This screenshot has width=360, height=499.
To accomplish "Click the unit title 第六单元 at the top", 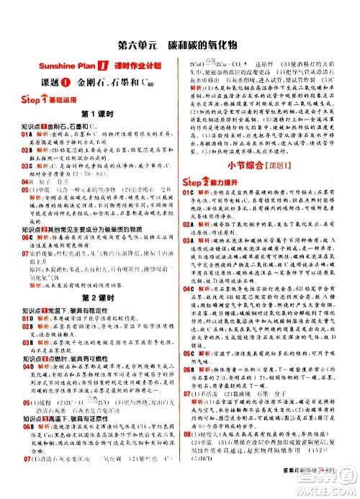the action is tap(136, 34).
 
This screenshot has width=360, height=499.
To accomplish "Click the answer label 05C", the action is tap(190, 354).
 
